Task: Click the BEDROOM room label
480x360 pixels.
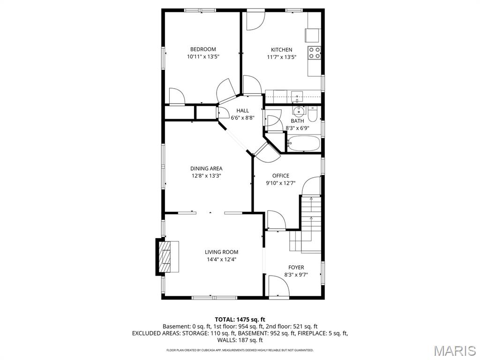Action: click(x=202, y=49)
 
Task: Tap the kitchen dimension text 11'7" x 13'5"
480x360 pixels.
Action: click(x=281, y=57)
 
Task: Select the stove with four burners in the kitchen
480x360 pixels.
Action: click(x=314, y=53)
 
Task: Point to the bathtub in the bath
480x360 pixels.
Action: click(x=303, y=143)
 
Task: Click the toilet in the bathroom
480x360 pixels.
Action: click(x=313, y=113)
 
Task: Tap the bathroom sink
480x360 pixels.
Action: click(x=298, y=112)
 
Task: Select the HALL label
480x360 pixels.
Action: click(x=242, y=111)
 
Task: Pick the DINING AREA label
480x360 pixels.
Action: click(x=206, y=169)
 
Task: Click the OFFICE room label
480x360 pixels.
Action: click(x=281, y=176)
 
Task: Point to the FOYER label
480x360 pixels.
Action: click(x=296, y=268)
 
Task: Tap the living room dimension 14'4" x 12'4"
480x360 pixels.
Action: click(x=221, y=259)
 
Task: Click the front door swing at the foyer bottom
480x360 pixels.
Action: click(x=278, y=286)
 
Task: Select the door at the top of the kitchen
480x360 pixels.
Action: click(x=255, y=20)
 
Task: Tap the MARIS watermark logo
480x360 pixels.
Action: click(x=454, y=350)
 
